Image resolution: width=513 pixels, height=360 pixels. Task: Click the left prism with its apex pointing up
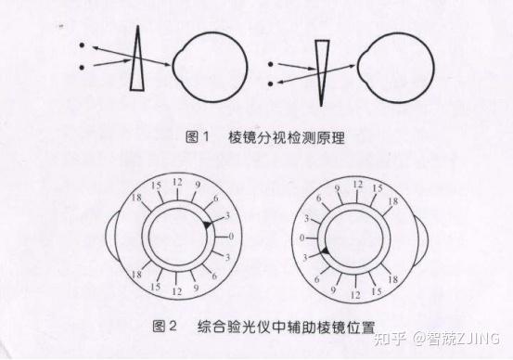pos(137,66)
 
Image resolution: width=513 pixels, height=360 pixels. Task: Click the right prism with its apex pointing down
pos(322,66)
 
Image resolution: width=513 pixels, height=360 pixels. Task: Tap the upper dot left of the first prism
pos(82,45)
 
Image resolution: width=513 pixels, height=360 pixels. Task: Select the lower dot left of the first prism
pos(82,68)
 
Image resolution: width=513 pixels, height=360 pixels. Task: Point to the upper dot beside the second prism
pos(270,64)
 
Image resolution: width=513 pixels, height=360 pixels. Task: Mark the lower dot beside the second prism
pos(270,84)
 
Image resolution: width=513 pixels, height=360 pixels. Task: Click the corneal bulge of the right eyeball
pos(361,67)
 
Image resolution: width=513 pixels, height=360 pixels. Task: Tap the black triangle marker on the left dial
pos(207,225)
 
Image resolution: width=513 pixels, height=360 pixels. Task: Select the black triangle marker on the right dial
pos(325,251)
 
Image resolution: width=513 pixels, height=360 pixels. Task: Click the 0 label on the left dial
pos(231,237)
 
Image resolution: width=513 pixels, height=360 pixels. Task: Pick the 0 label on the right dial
pos(302,238)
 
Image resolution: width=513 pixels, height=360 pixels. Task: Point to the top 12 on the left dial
pos(177,182)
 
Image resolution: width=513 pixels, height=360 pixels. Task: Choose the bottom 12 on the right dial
pos(355,295)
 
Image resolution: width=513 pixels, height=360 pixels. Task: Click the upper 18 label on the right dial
pos(393,201)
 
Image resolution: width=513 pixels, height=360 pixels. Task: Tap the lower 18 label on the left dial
pos(136,275)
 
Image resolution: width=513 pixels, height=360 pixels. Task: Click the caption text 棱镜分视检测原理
pos(287,137)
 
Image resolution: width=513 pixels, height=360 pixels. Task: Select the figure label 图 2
pos(165,326)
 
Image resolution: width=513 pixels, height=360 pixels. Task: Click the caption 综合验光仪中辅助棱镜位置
pos(287,327)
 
